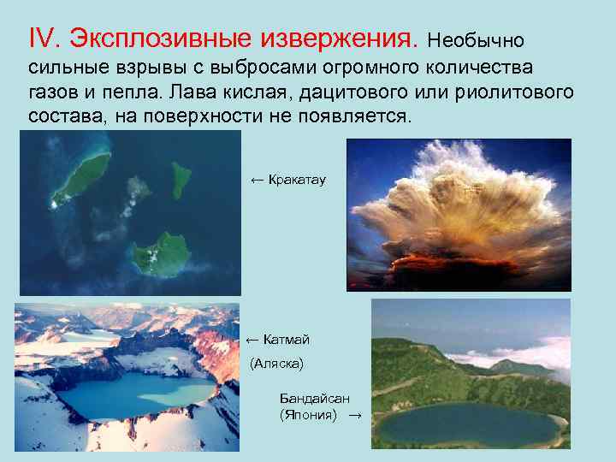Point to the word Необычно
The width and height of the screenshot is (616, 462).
click(x=477, y=41)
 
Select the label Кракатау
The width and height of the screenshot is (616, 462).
click(x=297, y=180)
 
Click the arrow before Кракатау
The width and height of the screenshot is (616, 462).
click(x=256, y=180)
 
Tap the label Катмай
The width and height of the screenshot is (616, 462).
click(x=287, y=340)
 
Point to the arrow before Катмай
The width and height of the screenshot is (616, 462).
click(x=252, y=340)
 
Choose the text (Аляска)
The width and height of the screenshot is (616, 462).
click(x=276, y=364)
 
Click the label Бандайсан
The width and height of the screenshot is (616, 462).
click(x=314, y=399)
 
